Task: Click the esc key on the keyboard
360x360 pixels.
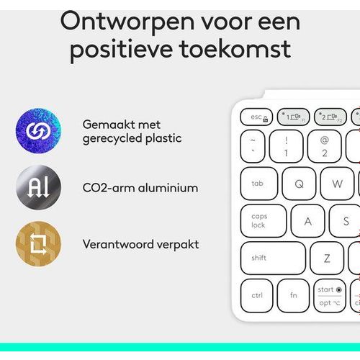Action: [256, 117]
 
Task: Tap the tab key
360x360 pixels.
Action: [259, 184]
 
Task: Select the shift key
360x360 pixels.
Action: [273, 258]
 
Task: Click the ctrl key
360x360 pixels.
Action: [256, 295]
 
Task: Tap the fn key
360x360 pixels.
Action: [293, 295]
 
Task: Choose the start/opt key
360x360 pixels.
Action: [330, 295]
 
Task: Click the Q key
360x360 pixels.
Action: [299, 184]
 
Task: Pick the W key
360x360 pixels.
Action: [337, 184]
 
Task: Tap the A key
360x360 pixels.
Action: [307, 221]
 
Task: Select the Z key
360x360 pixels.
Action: [327, 258]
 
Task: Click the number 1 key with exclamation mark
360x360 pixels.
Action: [286, 146]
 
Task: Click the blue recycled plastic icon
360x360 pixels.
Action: [38, 131]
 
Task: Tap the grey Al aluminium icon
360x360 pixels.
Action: [38, 188]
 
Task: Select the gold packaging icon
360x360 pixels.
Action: [38, 244]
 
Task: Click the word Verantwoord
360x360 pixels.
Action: [118, 244]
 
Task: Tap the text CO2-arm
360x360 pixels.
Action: [109, 188]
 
